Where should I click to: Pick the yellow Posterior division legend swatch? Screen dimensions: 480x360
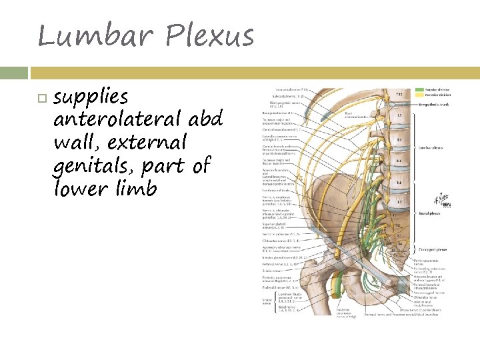coord(420,95)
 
